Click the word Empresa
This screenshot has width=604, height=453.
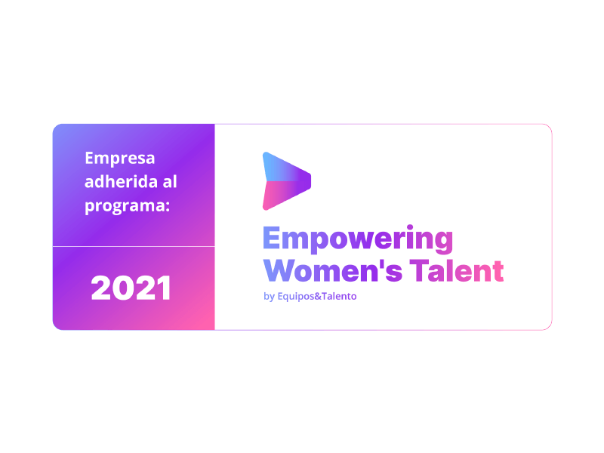coord(120,159)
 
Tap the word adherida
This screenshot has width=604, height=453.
coord(122,181)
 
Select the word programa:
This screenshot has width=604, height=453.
coord(127,206)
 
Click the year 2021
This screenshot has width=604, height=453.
coord(131,288)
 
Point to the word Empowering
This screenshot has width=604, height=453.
coord(358,239)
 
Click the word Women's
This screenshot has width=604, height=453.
coord(333,270)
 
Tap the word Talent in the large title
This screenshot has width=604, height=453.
coord(457,270)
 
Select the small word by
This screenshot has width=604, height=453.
coord(269,297)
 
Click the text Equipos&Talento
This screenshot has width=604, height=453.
coord(317,297)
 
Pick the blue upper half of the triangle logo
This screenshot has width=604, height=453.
coord(283,168)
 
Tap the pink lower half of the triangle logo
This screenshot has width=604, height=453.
coord(283,194)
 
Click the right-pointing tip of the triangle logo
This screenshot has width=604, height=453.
coord(310,181)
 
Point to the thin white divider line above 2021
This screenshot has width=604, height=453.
coord(134,246)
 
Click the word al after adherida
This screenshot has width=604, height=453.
coord(170,181)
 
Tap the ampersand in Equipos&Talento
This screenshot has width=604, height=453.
coord(318,296)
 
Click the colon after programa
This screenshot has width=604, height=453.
coord(168,207)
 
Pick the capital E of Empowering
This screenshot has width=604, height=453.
coord(272,238)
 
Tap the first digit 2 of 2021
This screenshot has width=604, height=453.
coord(100,288)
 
